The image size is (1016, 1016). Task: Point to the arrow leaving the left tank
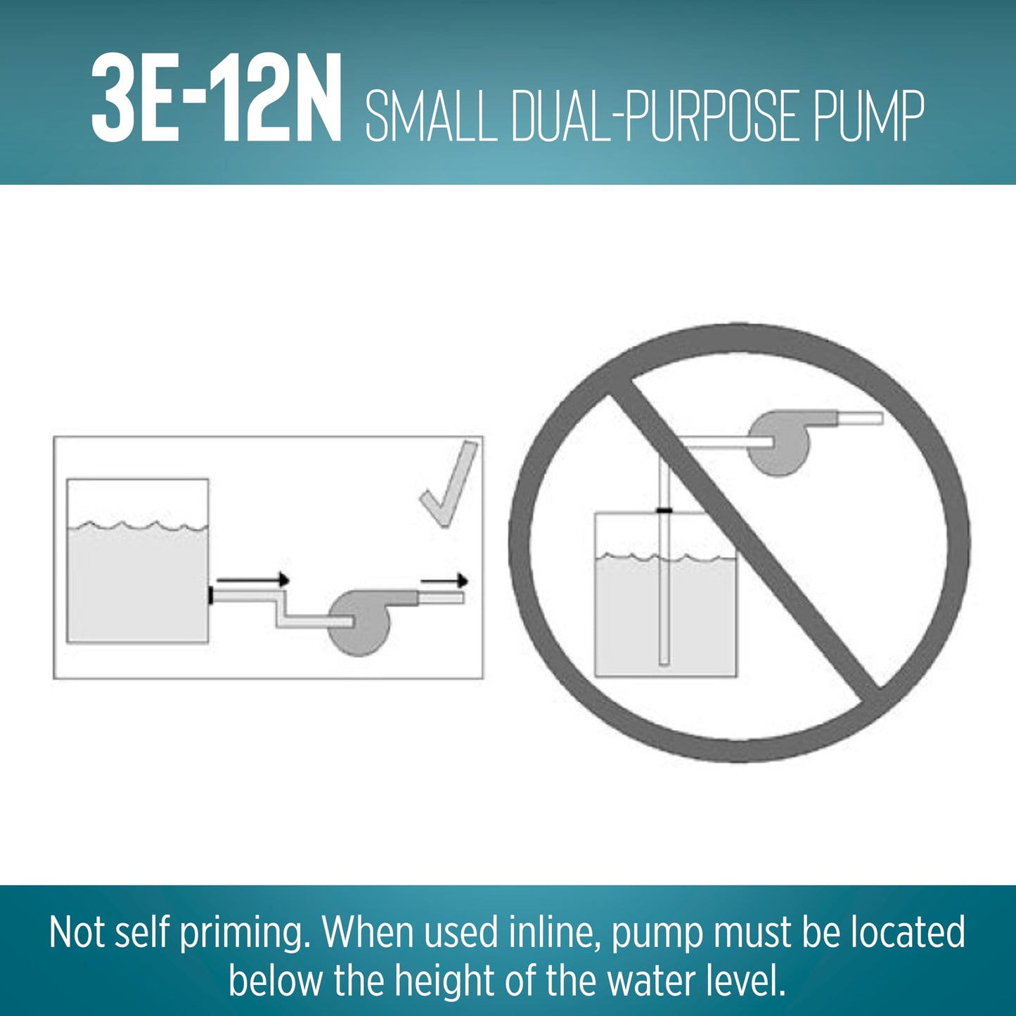[253, 580]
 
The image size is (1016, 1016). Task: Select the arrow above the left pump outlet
[444, 581]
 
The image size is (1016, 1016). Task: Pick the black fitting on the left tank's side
[210, 596]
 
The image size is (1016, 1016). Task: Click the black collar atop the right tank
[665, 510]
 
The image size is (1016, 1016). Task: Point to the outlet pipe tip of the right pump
[881, 418]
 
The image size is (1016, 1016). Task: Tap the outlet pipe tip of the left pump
[463, 598]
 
